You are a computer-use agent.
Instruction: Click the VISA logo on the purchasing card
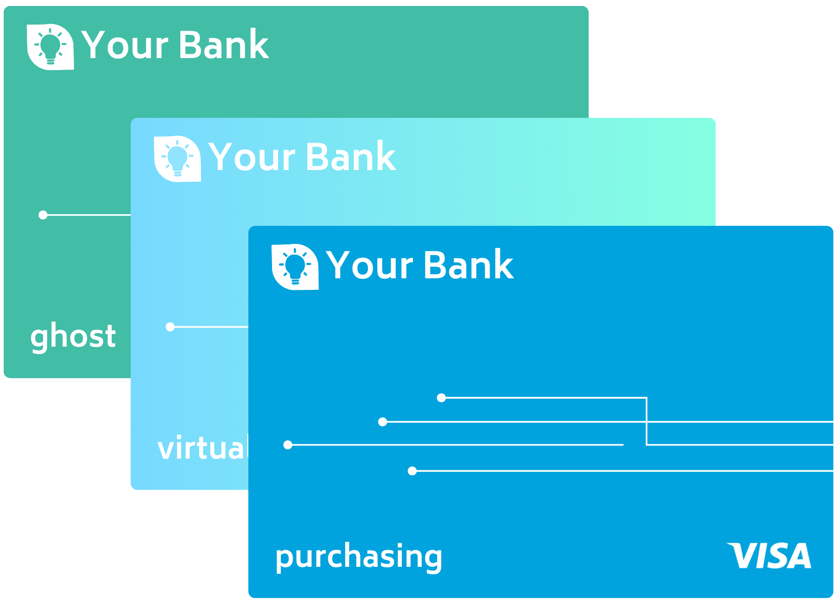(x=769, y=555)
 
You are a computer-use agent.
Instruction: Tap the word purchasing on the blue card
(x=359, y=557)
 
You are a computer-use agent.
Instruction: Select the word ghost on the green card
(x=73, y=336)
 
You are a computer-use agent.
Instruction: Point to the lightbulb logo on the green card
(x=50, y=47)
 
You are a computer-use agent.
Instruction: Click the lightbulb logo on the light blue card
(x=177, y=159)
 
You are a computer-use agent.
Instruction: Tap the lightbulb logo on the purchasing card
(x=295, y=267)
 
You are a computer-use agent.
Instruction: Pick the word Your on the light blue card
(x=252, y=157)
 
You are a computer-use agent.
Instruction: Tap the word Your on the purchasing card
(x=369, y=265)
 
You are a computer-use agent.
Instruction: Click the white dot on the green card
(x=43, y=215)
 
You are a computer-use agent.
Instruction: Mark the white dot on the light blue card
(x=170, y=327)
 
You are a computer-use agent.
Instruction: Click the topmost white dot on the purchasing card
(x=441, y=398)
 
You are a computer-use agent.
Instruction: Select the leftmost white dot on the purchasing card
(x=288, y=445)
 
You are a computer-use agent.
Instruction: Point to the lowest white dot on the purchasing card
(x=412, y=471)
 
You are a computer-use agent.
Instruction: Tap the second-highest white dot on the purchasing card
(x=383, y=422)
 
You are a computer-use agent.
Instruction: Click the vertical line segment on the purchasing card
(x=646, y=421)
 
